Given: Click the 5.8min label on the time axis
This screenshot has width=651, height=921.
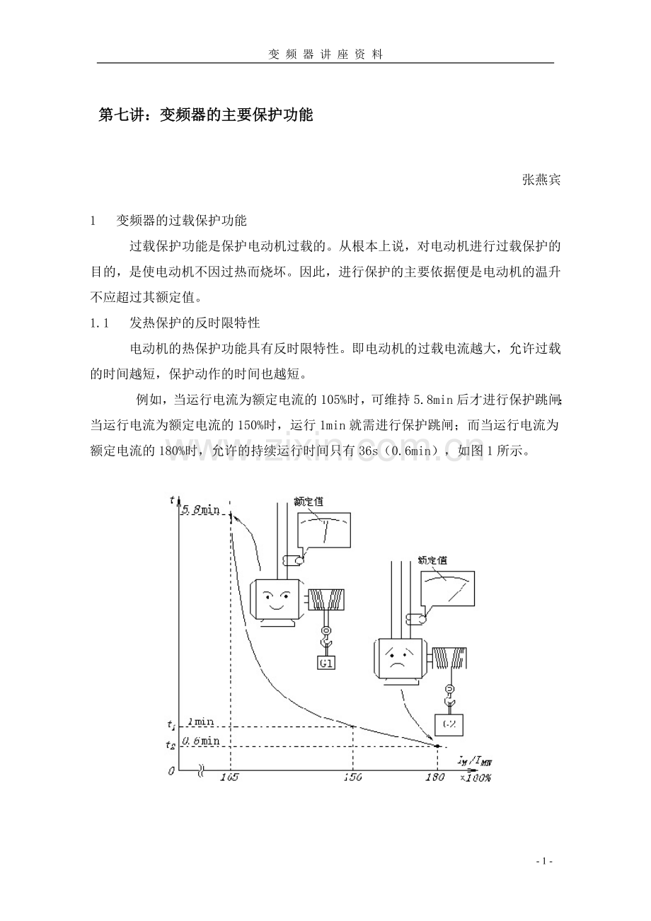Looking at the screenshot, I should pyautogui.click(x=200, y=509).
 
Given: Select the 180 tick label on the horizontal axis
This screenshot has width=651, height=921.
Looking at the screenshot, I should pyautogui.click(x=434, y=777).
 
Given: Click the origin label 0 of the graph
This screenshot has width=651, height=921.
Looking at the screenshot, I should pyautogui.click(x=171, y=771).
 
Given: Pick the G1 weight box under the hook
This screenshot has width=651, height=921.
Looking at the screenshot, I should pyautogui.click(x=326, y=664).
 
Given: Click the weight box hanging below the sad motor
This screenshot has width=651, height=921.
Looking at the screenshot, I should pyautogui.click(x=448, y=725).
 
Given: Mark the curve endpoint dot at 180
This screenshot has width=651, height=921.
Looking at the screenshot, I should pyautogui.click(x=437, y=746).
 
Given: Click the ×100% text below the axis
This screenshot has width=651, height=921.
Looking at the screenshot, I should pyautogui.click(x=475, y=777).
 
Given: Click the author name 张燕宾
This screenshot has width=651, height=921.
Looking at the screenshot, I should pyautogui.click(x=541, y=180).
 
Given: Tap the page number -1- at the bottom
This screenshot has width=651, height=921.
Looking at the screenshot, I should pyautogui.click(x=544, y=861).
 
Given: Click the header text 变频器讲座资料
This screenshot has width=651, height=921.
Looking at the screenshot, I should pyautogui.click(x=325, y=54).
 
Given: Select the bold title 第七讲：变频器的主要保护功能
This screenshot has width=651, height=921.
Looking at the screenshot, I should pyautogui.click(x=205, y=115).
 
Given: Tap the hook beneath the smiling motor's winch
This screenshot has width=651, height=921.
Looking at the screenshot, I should pyautogui.click(x=326, y=639).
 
